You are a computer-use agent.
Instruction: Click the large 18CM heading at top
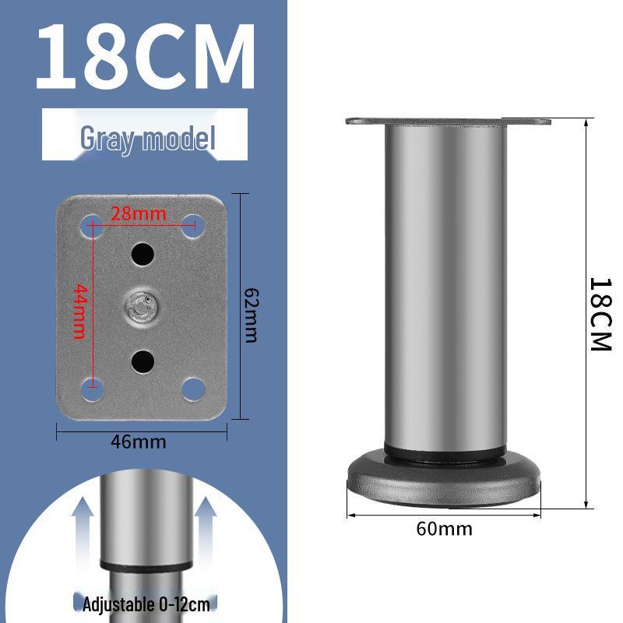146,59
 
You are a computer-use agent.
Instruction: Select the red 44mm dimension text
79,311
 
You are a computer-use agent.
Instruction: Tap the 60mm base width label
444,529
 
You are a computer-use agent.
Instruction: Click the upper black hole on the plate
142,253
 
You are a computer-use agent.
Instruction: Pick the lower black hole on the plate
142,360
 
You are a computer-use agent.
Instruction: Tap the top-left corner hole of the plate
92,225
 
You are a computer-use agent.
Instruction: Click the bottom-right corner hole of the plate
192,387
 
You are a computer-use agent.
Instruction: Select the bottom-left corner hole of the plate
92,387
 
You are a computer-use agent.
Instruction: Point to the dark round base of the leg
444,475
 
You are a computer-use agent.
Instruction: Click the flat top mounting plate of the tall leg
448,121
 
